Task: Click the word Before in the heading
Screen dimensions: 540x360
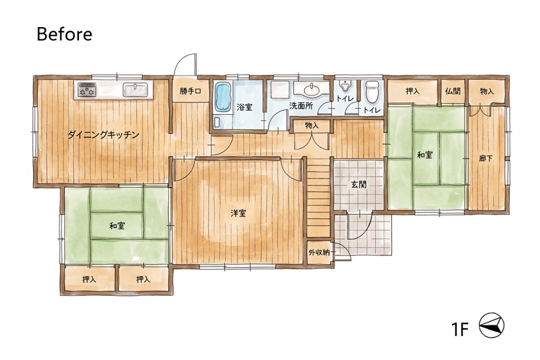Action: [64, 34]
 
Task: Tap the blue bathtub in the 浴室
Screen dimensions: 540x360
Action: [223, 97]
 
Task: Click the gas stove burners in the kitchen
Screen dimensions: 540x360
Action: [87, 89]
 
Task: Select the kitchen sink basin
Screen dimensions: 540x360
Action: [135, 90]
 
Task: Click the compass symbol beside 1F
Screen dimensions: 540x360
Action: [492, 325]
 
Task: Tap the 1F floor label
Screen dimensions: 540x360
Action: [460, 329]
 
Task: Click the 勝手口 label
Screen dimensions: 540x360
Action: [190, 91]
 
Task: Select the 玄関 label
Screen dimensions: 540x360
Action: [359, 184]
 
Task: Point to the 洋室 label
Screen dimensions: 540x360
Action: [238, 213]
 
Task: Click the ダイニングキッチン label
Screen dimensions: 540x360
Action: [103, 135]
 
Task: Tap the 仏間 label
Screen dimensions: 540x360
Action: [453, 91]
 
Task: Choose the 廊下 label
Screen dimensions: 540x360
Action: [485, 159]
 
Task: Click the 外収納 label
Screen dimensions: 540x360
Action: [319, 253]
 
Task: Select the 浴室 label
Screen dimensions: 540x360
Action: [244, 107]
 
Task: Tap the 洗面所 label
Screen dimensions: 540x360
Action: [301, 106]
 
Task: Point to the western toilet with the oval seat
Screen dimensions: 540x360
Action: [372, 91]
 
